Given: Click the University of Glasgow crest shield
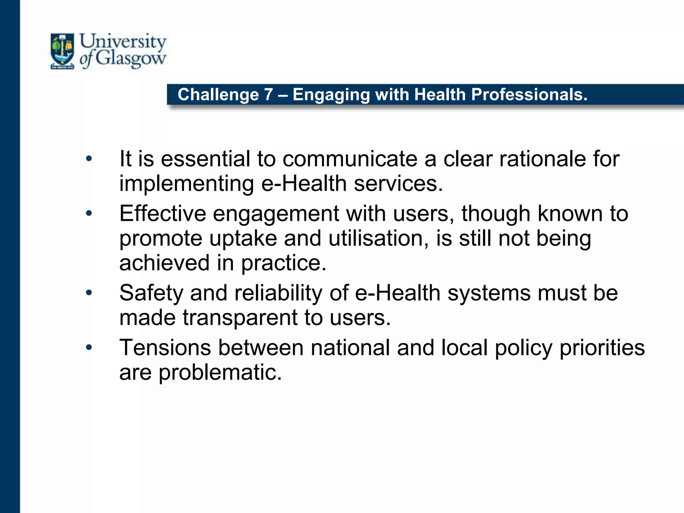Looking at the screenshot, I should click(x=62, y=51).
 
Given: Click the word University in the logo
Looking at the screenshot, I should click(x=123, y=42).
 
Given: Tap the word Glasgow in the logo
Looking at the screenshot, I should click(x=131, y=59).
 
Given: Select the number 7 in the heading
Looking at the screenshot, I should click(x=268, y=95).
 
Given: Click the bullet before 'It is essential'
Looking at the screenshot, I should click(x=89, y=159).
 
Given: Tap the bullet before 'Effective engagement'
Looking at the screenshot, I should click(x=89, y=213).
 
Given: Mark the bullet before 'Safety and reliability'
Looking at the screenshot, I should click(x=89, y=293).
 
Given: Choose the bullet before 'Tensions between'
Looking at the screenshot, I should click(x=89, y=348).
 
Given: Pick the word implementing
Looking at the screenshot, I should click(x=187, y=184).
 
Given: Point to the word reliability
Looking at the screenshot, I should click(x=278, y=293).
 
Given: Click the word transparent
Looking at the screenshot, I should click(x=240, y=318).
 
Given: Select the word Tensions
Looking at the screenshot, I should click(x=165, y=348).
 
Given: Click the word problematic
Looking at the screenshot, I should click(x=220, y=372).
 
